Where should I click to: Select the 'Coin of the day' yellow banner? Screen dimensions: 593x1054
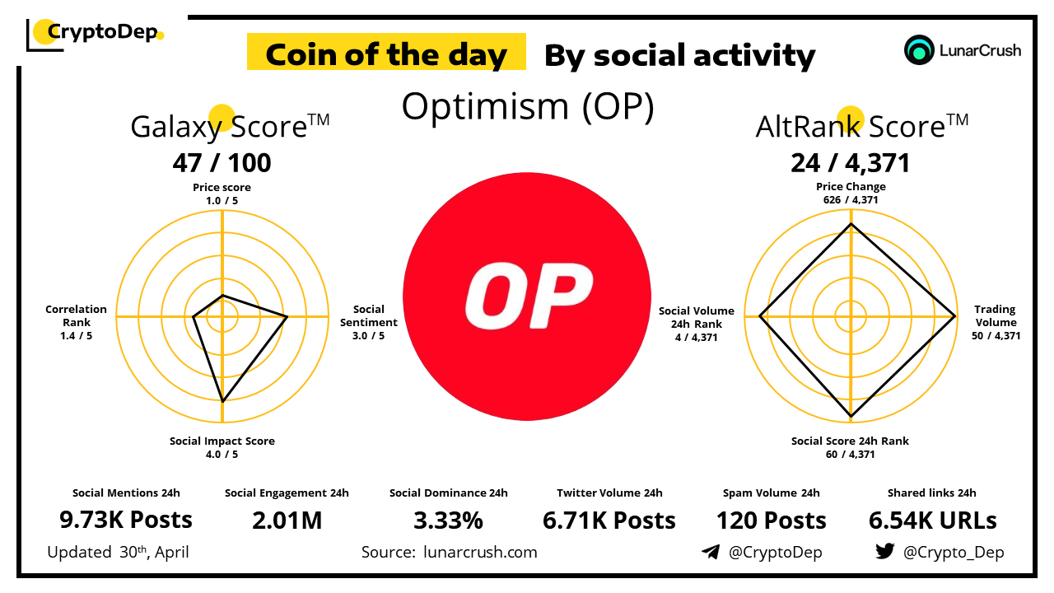click(x=386, y=54)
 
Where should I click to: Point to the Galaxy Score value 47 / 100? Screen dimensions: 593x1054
click(x=222, y=163)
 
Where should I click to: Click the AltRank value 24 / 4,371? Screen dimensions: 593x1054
click(x=851, y=163)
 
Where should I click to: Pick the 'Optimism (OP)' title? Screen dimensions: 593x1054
click(x=527, y=107)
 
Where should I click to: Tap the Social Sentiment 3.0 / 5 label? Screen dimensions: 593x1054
click(x=368, y=322)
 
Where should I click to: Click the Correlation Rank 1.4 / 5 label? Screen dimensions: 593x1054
click(x=76, y=322)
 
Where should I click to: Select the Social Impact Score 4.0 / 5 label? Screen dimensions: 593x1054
click(x=222, y=447)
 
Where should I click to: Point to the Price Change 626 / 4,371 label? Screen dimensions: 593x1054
click(x=851, y=193)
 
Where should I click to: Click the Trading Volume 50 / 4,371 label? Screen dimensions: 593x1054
click(x=996, y=322)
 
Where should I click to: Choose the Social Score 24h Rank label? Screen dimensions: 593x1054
click(x=850, y=447)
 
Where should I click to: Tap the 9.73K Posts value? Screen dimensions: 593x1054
click(x=126, y=521)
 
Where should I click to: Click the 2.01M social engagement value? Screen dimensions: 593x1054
click(x=287, y=521)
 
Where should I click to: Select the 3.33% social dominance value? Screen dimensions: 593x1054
click(x=448, y=521)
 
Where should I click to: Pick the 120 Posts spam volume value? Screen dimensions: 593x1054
click(x=771, y=521)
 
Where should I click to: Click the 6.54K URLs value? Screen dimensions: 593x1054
click(x=932, y=521)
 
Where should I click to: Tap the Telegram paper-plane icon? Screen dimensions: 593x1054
click(x=710, y=552)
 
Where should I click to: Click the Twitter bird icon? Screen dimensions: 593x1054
click(x=884, y=552)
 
